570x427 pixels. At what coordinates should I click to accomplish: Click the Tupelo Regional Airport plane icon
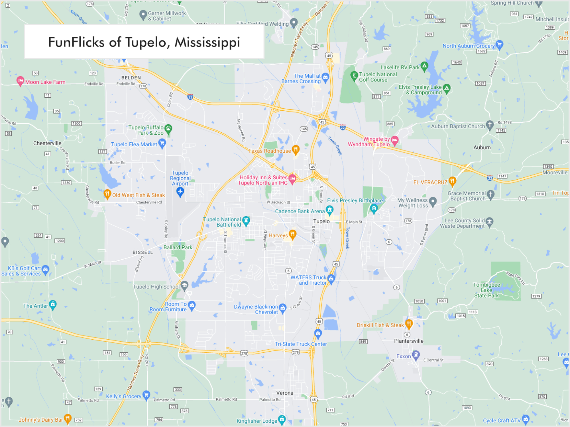(180, 192)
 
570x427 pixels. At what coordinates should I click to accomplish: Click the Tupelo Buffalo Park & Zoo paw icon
(168, 129)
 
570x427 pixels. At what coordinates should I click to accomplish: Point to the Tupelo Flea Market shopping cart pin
(162, 143)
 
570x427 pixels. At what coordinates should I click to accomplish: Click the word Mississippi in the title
(207, 42)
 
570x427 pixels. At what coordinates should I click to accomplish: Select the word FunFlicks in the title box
(76, 42)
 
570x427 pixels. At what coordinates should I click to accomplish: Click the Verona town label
(284, 393)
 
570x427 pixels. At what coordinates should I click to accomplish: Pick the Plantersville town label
(409, 341)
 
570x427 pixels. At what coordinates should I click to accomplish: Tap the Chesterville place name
(47, 143)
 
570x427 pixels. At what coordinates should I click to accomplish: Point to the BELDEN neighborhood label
(131, 78)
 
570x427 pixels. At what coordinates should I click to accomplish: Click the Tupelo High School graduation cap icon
(184, 285)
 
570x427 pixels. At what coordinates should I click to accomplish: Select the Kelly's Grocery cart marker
(146, 395)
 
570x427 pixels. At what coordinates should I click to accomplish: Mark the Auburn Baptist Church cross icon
(490, 125)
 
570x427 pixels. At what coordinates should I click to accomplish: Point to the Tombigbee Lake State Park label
(486, 290)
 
